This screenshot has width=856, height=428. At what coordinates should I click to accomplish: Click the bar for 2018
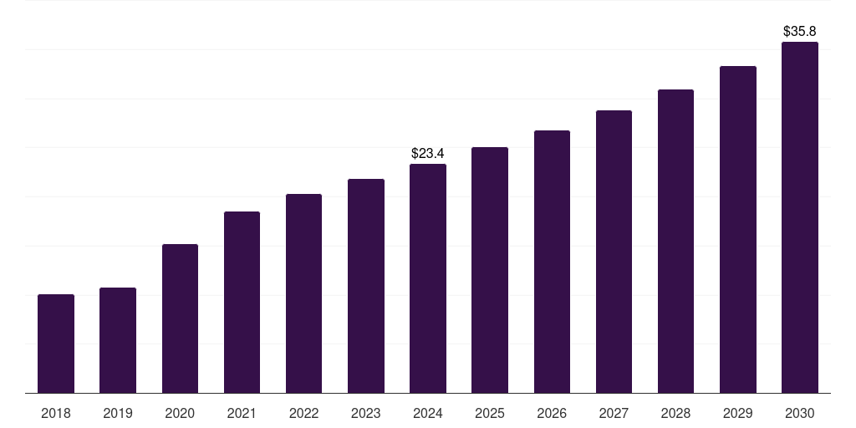tap(56, 344)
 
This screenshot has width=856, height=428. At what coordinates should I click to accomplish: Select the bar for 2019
tap(118, 340)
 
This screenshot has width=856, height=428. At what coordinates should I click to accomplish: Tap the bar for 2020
tap(180, 318)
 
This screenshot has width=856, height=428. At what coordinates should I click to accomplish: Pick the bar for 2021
tap(242, 302)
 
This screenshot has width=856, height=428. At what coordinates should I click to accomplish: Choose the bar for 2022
tap(303, 293)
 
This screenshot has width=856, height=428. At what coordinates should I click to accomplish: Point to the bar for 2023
tap(366, 286)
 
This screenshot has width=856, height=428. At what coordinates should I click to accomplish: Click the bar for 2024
tap(428, 278)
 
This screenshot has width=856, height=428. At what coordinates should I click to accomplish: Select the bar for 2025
tap(490, 270)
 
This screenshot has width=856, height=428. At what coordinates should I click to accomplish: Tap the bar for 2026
tap(552, 262)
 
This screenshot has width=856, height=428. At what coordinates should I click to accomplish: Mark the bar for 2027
tap(614, 252)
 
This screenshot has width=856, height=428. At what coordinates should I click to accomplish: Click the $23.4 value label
tap(428, 154)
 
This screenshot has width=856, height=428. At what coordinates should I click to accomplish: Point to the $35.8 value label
tap(800, 32)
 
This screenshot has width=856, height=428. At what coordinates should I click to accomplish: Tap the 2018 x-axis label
tap(56, 413)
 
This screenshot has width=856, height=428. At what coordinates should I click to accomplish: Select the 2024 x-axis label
tap(428, 413)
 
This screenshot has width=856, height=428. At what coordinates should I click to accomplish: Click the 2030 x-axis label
tap(800, 413)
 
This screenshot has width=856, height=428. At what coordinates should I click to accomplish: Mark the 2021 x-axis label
tap(242, 413)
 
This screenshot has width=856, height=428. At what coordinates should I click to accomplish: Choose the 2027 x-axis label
tap(614, 413)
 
